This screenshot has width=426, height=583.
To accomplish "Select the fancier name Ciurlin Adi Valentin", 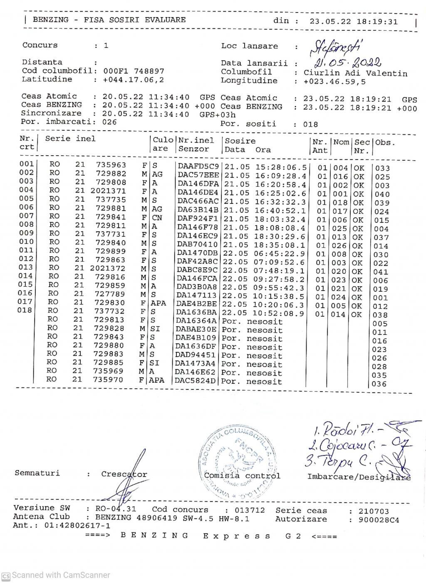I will coord(355,73).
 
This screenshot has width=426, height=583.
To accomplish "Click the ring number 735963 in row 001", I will coord(111,165).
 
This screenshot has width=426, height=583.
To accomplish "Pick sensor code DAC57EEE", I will coord(198,176).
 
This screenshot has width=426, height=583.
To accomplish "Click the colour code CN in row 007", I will coord(157,218).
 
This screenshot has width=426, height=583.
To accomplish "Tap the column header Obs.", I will coord(385,142).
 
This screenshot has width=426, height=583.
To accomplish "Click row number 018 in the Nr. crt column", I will coord(25,310).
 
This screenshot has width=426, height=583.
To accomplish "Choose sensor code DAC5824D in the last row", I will coord(196,381).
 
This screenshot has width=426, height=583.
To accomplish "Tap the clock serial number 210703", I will coord(374,511).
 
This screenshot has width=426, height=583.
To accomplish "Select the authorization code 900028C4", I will coord(379,520).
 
